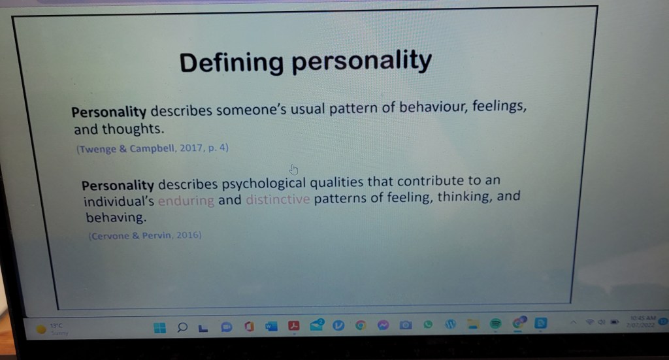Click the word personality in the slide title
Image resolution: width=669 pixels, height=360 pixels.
361,61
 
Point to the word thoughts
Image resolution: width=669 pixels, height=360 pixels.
127,129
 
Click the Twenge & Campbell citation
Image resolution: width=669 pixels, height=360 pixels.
152,148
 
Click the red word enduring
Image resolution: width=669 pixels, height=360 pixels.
186,201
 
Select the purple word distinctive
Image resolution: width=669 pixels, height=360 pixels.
278,199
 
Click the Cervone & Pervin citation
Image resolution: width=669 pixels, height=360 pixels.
144,235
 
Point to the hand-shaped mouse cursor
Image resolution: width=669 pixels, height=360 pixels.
293,169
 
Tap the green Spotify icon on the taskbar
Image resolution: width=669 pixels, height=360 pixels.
496,323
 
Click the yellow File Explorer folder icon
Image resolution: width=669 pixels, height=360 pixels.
473,323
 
